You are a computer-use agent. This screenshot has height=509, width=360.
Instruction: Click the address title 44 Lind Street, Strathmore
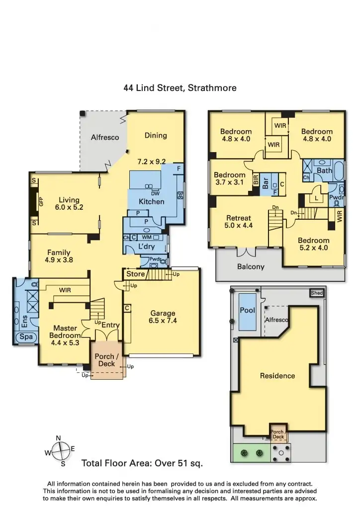point(180,88)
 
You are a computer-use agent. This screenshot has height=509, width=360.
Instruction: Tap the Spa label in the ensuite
point(26,337)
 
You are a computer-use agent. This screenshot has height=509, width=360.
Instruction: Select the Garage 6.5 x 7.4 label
point(163,317)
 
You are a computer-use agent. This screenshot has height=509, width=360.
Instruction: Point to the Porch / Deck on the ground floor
point(106,360)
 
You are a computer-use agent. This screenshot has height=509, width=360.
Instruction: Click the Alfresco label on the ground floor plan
point(105,137)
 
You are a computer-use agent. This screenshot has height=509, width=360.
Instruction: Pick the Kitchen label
point(151,202)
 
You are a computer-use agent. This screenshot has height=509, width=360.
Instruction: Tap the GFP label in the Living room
point(41,201)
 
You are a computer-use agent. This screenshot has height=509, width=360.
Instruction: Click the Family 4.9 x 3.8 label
point(58,256)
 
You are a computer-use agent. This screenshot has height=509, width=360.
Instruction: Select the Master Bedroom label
point(65,332)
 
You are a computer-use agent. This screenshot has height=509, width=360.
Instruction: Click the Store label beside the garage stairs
point(135,274)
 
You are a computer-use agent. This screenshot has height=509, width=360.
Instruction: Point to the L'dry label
point(147,247)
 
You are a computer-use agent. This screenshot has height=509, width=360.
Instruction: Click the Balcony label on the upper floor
point(251,267)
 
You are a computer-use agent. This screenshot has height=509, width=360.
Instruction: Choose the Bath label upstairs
point(324,171)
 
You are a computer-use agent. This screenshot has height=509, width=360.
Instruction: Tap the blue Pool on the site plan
point(248,311)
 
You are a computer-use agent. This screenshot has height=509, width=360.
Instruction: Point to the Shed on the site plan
point(317,293)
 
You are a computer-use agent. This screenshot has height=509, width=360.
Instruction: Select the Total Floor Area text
point(142,463)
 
